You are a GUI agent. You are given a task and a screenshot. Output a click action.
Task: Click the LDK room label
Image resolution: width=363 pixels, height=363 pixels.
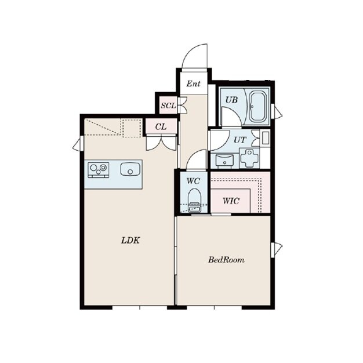click(130, 240)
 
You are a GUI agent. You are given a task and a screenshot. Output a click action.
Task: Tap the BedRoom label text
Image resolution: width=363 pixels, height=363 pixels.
click(226, 260)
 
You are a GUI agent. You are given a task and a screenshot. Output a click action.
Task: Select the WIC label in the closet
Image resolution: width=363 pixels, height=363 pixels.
click(231, 201)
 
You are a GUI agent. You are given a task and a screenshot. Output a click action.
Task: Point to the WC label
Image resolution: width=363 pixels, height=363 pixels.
click(193, 181)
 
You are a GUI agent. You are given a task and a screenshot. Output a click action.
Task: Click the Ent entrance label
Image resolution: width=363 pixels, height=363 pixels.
click(193, 84)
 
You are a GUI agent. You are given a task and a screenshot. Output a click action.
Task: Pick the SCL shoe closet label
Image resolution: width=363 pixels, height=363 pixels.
click(169, 106)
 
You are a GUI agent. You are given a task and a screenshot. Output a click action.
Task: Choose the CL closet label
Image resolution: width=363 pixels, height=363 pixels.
click(161, 126)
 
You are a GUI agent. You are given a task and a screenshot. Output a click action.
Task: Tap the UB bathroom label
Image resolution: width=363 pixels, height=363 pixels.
click(231, 100)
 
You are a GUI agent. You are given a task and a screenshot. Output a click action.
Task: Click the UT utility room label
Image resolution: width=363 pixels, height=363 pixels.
click(240, 140)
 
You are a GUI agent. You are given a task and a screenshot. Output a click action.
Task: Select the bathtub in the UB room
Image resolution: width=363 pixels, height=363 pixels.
click(258, 107)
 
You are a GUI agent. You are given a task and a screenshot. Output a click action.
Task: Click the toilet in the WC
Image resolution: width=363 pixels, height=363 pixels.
click(194, 200)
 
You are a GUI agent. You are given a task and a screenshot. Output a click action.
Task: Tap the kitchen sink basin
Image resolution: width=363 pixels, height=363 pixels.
click(130, 169)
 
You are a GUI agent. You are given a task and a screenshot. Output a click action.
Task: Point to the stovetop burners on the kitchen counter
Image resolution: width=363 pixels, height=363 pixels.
click(99, 170)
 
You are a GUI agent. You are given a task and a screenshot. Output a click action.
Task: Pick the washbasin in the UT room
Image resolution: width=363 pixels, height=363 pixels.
click(224, 160)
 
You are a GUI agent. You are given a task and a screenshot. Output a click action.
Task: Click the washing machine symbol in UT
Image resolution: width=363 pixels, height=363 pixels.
click(249, 158)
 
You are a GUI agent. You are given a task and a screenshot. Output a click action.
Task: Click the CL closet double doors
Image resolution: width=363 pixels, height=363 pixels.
click(161, 143)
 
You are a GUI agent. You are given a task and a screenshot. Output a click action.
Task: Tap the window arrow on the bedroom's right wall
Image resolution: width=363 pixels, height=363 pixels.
click(277, 249)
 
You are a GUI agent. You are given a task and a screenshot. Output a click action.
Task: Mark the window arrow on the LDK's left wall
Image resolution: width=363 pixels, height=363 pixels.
click(78, 144)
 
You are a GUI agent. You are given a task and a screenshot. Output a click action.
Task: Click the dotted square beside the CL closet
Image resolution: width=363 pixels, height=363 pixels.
click(132, 128)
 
